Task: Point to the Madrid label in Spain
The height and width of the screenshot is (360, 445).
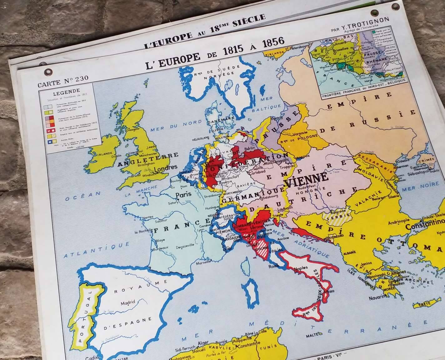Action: (x=128, y=302)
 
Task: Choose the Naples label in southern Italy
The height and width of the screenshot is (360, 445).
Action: (x=301, y=267)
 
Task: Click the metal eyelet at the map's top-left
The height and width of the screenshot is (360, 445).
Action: (x=48, y=72)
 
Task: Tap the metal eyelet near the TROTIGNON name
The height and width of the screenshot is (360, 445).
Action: (x=374, y=13)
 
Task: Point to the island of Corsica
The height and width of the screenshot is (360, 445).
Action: (x=247, y=267)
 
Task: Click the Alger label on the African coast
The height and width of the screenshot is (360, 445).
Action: (x=203, y=344)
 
